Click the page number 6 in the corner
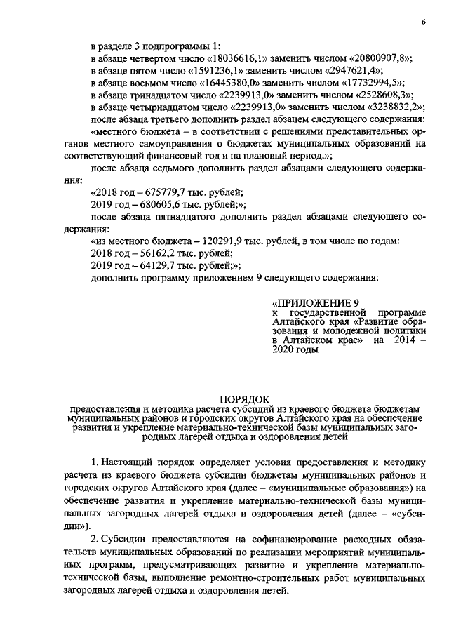pyautogui.click(x=424, y=22)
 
